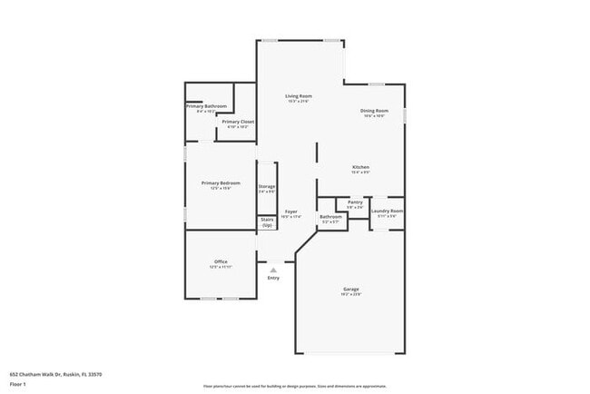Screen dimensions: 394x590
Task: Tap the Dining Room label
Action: (374, 111)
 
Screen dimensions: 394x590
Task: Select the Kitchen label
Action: (360, 168)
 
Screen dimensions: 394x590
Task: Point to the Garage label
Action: (350, 289)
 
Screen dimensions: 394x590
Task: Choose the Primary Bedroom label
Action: (221, 182)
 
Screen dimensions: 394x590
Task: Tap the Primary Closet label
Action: (237, 122)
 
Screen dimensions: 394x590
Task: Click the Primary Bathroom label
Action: (206, 106)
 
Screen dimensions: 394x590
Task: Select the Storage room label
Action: (267, 186)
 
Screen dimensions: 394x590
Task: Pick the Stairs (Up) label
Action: (267, 222)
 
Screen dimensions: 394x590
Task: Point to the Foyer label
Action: (290, 212)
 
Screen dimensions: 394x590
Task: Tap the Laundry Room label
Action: (387, 212)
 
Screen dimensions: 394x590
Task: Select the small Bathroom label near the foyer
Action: (330, 217)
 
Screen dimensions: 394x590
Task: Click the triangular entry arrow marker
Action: (273, 269)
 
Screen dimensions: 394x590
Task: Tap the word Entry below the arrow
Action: (273, 278)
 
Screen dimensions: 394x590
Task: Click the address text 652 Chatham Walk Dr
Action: (55, 373)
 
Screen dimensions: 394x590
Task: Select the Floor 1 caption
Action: (18, 383)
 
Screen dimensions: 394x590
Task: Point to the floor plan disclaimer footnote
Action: (295, 386)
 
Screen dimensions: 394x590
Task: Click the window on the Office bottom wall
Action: (220, 299)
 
